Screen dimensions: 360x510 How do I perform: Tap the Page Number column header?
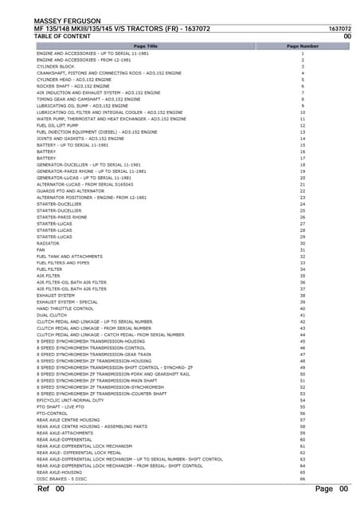303,46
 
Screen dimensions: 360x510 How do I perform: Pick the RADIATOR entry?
48,243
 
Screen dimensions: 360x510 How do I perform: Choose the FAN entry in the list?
41,249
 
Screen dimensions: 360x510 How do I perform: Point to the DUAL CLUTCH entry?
52,315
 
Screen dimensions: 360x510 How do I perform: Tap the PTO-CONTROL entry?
52,414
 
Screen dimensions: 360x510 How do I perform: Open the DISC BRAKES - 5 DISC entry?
61,479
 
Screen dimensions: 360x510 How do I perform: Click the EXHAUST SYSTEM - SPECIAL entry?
67,302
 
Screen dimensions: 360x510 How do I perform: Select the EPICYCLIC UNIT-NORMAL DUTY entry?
70,400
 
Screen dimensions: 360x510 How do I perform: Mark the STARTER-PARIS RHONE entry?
62,217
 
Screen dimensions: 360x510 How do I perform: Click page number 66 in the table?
303,479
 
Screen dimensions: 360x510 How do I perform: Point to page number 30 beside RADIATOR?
303,243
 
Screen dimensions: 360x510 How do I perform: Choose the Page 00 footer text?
332,488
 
